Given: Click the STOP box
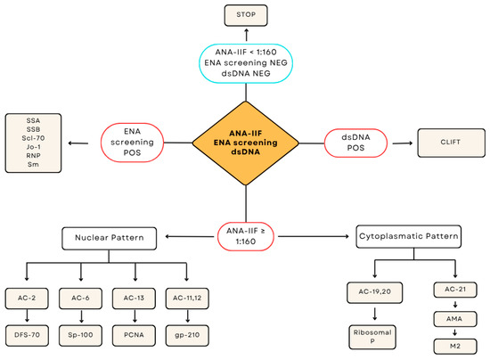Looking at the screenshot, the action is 246,15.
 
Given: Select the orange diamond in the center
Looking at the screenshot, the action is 246,143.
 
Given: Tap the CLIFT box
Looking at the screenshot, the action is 452,143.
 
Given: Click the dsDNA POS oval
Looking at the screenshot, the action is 355,143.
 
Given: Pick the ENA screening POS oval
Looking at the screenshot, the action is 132,143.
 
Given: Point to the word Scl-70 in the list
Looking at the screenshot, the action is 33,138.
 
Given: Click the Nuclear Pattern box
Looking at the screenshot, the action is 109,239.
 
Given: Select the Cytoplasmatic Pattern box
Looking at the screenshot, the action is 408,236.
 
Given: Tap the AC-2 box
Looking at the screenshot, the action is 27,299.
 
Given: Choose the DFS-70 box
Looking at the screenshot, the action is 27,335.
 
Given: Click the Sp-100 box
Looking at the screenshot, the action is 80,335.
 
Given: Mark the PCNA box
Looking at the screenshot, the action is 134,335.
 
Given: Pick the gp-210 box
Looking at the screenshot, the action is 187,335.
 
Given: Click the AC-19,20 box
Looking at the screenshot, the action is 375,292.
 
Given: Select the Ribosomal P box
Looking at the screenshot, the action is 372,337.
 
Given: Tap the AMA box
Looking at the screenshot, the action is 455,319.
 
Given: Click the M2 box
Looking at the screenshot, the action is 455,347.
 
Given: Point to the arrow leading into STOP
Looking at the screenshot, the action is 246,35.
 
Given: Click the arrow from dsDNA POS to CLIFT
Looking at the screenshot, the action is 403,143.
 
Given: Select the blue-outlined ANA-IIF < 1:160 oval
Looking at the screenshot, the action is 246,63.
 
